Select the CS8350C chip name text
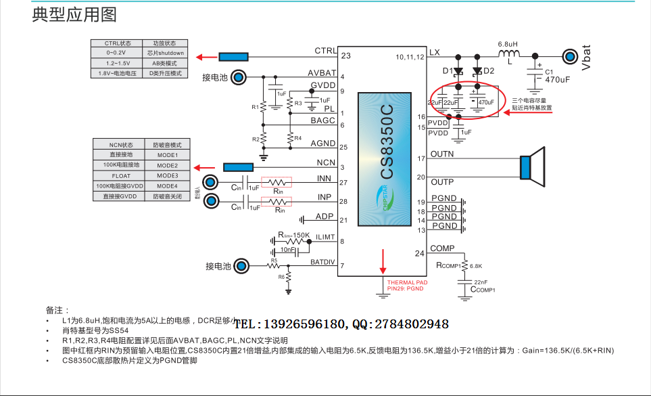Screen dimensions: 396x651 click(386, 141)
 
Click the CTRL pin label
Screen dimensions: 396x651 click(325, 51)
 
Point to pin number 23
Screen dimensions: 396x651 click(345, 56)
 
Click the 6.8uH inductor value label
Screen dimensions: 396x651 click(508, 43)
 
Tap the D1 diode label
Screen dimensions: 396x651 click(448, 71)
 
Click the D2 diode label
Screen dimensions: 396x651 click(489, 71)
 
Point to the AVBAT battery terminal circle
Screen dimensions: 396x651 click(239, 77)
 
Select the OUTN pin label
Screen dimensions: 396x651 click(442, 154)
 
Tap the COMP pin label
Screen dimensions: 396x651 click(442, 248)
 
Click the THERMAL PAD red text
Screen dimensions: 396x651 click(406, 282)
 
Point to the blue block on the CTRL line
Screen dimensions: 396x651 click(233, 57)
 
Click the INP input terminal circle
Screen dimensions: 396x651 click(212, 200)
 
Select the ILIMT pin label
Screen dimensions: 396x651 click(325, 237)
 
